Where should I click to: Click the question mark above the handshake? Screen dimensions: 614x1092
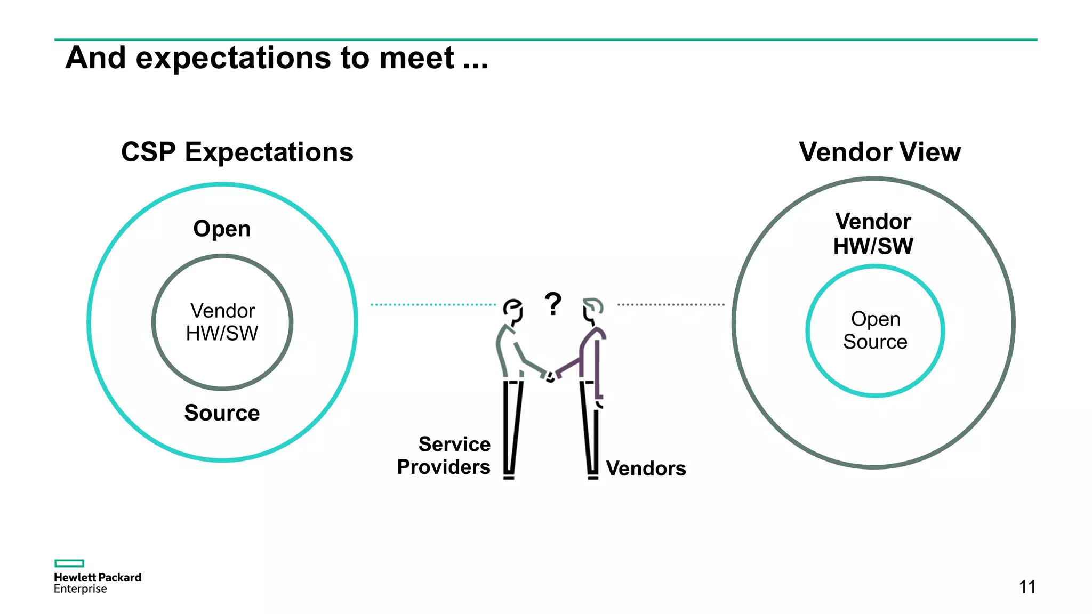coord(553,304)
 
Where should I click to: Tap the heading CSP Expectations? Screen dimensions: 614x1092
coord(237,152)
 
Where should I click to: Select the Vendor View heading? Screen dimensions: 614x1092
coord(880,152)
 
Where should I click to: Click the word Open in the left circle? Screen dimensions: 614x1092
coord(222,229)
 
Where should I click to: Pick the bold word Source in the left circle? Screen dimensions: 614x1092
coord(222,413)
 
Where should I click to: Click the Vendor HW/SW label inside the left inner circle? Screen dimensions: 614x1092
coord(222,322)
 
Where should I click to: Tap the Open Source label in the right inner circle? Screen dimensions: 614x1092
coord(875,330)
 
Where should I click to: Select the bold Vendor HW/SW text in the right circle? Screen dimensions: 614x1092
coord(873,234)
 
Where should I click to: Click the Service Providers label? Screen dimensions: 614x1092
coord(444,456)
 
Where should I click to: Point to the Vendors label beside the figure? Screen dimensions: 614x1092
coord(646,468)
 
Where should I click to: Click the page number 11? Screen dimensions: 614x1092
coord(1027,587)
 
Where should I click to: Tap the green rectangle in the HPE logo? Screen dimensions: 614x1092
coord(69,563)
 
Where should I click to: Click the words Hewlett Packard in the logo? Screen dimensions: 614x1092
coord(98,577)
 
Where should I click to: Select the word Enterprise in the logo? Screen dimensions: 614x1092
coord(81,589)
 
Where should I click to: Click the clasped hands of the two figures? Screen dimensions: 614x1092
coord(550,376)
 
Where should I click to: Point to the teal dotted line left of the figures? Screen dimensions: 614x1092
coord(433,305)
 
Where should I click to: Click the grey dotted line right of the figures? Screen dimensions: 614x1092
coord(671,305)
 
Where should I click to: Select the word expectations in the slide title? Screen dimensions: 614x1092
coord(234,59)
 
